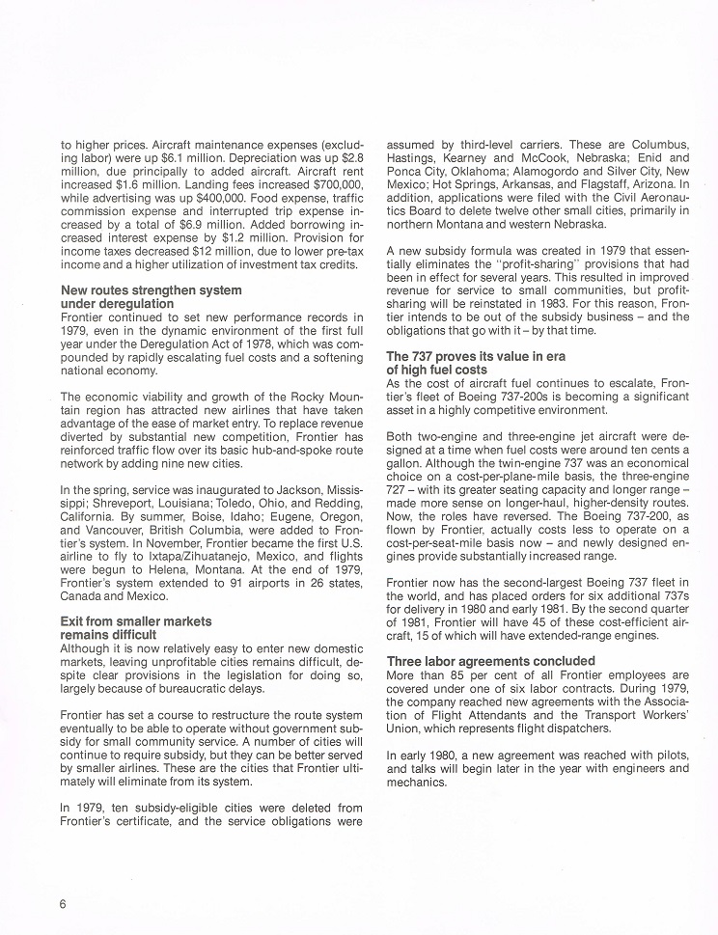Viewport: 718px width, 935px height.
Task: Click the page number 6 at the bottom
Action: (62, 903)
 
